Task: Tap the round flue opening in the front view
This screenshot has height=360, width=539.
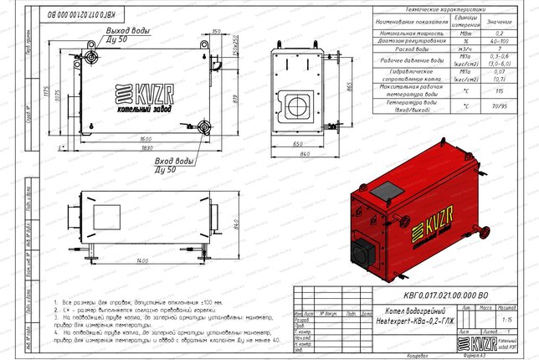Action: pyautogui.click(x=298, y=105)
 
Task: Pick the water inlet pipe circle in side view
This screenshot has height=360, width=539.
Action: pyautogui.click(x=204, y=127)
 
